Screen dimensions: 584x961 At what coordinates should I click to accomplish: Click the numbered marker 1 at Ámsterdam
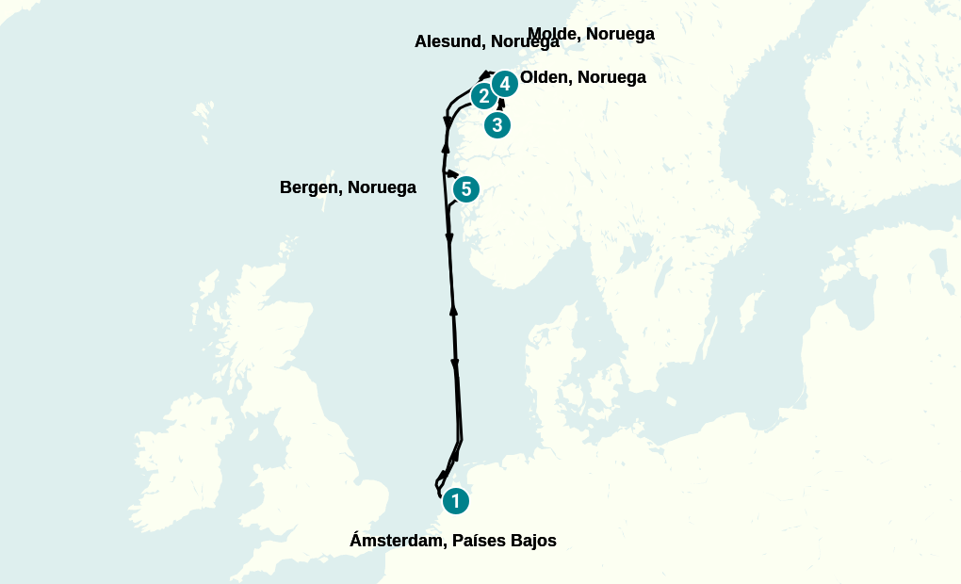456,501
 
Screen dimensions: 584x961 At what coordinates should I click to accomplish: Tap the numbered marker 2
483,95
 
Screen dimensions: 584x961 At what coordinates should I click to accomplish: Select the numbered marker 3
497,124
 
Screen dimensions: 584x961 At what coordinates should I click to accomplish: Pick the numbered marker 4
505,84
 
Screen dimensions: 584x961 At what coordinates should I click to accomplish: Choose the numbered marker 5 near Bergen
465,189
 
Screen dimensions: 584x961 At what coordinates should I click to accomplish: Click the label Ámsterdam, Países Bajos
452,541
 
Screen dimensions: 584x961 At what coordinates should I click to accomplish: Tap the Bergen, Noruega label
348,187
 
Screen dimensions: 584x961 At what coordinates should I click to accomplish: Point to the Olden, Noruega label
583,77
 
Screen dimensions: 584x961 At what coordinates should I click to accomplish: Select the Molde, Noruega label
591,34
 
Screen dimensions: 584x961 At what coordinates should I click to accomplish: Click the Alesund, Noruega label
486,41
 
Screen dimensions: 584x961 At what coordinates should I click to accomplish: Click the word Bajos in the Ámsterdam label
530,541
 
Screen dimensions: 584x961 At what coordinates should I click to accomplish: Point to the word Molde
553,34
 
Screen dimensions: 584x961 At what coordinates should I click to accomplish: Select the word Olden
544,77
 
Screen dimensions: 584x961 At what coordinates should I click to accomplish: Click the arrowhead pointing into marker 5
451,173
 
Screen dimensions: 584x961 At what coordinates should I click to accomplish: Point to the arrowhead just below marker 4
501,104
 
